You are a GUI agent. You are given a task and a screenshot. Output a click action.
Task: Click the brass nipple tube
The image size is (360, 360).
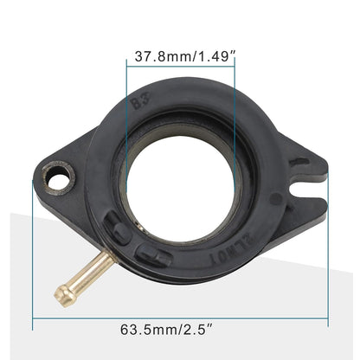tap(83, 278)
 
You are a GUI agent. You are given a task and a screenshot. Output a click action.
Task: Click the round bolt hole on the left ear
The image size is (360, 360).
tap(61, 183)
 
